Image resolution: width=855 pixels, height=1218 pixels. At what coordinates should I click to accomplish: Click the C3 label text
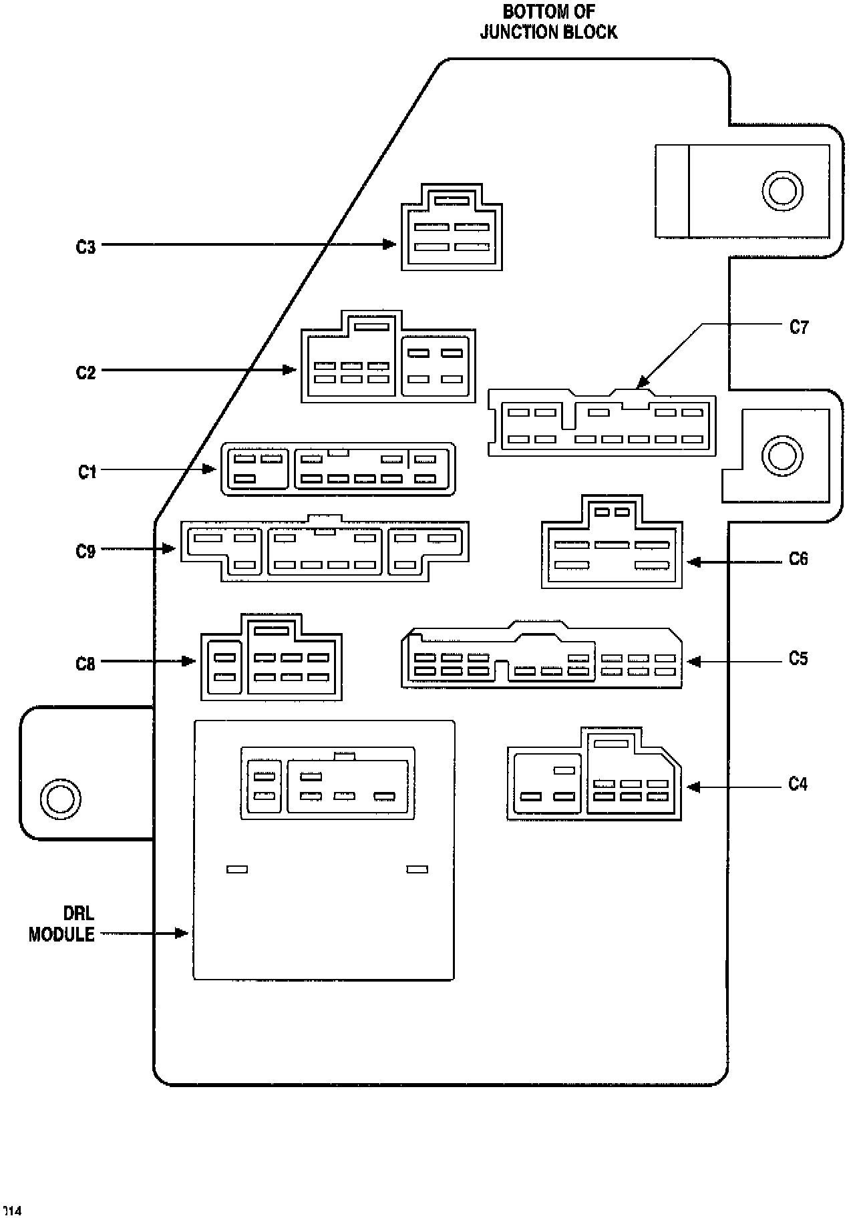pos(85,247)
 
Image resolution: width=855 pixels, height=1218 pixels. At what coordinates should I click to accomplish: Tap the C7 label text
pos(799,327)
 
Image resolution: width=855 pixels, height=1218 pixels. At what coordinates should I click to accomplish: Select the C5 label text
pos(798,659)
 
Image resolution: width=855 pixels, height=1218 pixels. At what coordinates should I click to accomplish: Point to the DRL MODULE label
pos(61,924)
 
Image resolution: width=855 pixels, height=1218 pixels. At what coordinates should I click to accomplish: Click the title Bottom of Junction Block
pos(548,22)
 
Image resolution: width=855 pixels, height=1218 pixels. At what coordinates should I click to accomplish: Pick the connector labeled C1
pos(338,469)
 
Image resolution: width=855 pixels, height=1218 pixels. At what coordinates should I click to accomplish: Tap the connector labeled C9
pos(325,548)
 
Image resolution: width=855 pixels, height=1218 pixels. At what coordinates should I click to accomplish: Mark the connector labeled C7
pos(602,423)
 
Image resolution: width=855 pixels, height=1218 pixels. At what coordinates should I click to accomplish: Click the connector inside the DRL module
pos(327,783)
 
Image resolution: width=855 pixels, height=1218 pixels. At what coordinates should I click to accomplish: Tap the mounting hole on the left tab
pos(60,798)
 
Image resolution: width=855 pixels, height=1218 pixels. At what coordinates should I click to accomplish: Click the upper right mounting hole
pos(780,191)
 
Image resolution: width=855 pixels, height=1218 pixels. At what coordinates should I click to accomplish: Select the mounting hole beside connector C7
pos(780,456)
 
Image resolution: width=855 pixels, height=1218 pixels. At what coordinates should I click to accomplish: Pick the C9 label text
pos(85,552)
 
